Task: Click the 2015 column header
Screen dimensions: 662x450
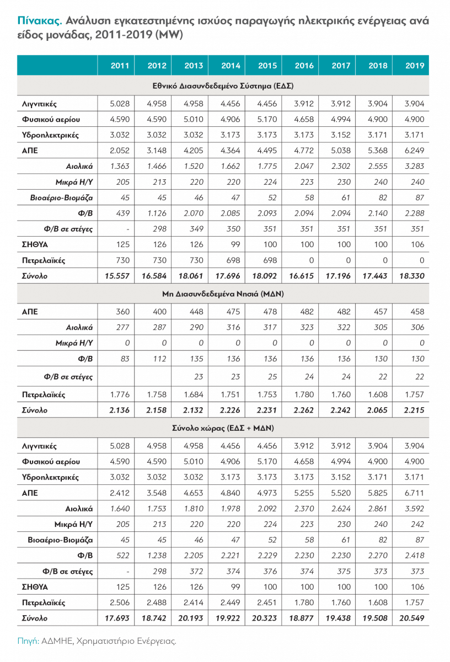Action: pos(267,66)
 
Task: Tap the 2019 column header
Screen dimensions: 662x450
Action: pos(415,66)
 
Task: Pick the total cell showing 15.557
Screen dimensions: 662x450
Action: pos(117,276)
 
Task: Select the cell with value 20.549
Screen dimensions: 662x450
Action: pos(413,618)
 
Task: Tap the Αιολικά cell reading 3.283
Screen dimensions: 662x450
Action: pos(415,165)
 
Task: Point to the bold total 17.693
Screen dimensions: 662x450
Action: pos(117,618)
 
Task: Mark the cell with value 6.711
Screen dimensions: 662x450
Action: pos(415,493)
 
